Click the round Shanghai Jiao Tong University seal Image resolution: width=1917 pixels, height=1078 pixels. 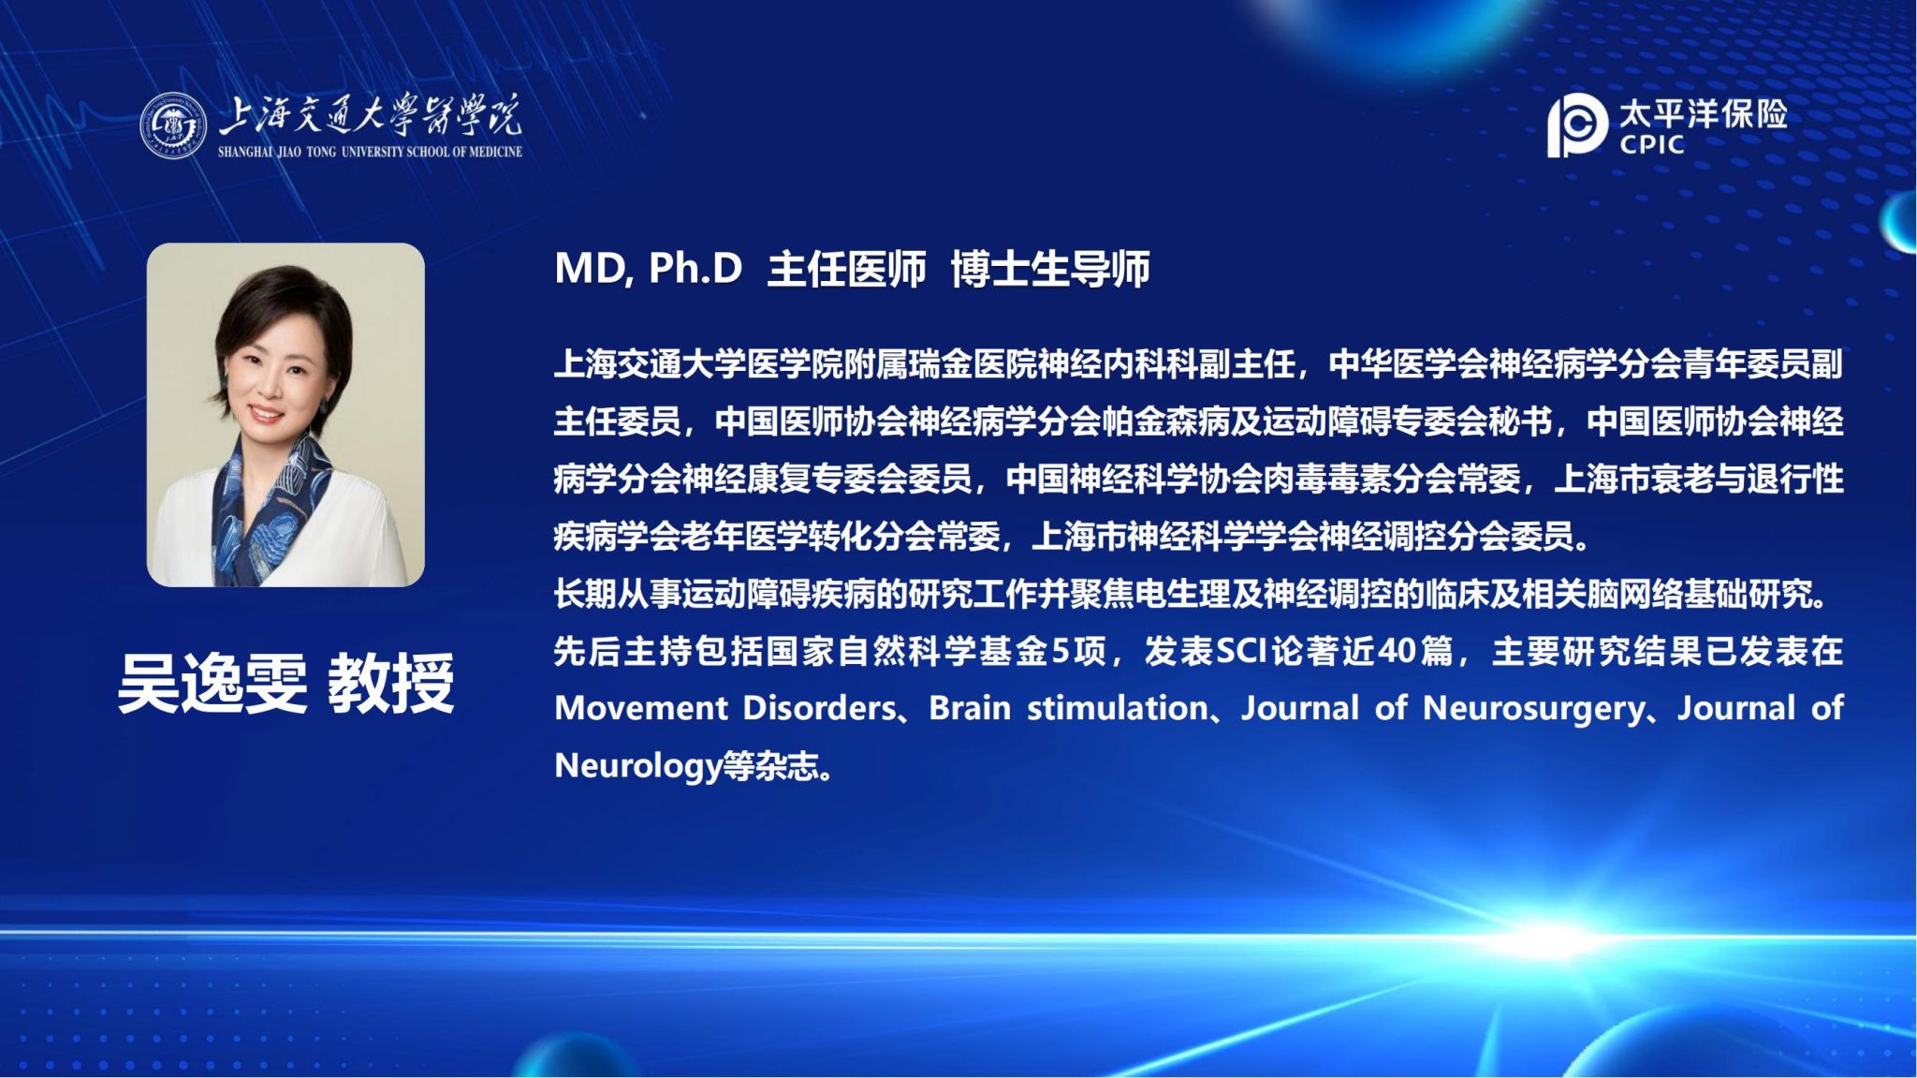coord(173,126)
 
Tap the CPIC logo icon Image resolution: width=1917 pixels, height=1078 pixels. coord(1577,125)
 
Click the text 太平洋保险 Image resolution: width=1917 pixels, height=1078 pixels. coord(1704,113)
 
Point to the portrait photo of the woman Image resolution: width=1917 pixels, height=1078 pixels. coord(285,415)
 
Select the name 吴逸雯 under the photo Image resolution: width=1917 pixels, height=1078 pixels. coord(212,684)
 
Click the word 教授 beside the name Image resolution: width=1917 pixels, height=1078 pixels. coord(391,684)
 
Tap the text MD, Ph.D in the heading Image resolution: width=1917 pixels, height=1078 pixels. coord(648,269)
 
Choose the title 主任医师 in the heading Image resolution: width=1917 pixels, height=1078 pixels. coord(847,270)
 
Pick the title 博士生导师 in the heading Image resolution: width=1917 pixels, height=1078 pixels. coord(1050,270)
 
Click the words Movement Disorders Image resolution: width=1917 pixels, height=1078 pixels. coord(725,708)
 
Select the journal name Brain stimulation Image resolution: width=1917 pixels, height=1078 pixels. coord(1068,708)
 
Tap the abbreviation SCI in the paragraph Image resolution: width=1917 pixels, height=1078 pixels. coord(1240,651)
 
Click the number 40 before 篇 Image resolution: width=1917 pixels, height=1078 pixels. coord(1397,651)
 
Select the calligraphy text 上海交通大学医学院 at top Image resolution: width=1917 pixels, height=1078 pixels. coord(370,116)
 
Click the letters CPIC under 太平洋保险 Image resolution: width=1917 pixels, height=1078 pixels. coord(1652,145)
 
